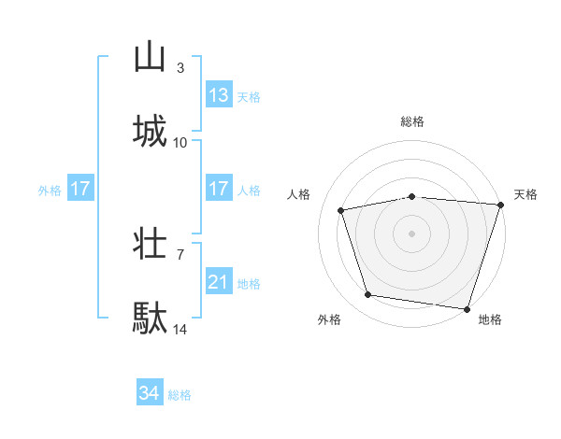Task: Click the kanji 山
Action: (150, 57)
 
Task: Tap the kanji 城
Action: (150, 132)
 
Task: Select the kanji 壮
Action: (150, 244)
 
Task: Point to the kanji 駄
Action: (150, 319)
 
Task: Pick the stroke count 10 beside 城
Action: (180, 142)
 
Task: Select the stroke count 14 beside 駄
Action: (180, 329)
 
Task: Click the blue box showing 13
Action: (219, 94)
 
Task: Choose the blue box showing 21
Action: (219, 281)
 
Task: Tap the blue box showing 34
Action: (150, 393)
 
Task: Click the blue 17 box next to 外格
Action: (80, 189)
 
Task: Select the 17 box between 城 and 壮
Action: (219, 189)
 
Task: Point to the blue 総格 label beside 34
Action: (180, 395)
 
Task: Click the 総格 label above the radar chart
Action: (412, 121)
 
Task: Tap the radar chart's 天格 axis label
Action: (525, 194)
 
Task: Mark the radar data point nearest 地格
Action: (467, 308)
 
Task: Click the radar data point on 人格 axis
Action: (342, 210)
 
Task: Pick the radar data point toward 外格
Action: (368, 295)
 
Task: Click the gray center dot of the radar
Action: (412, 233)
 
